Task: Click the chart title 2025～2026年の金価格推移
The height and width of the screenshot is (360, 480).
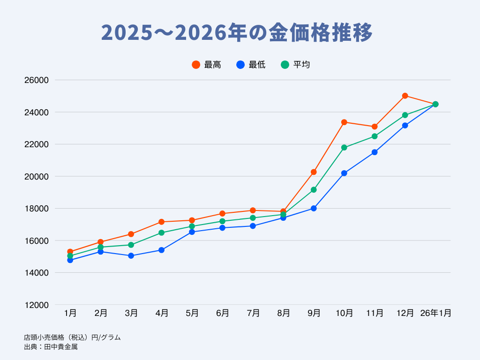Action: click(237, 33)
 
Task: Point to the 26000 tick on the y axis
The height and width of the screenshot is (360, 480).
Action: click(37, 81)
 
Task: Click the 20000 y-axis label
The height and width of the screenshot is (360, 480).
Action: click(37, 177)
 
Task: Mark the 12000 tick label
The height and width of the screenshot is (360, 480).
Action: click(37, 305)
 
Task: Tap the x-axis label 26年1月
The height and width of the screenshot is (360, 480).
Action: click(435, 313)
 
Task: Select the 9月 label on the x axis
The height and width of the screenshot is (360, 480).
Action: click(314, 313)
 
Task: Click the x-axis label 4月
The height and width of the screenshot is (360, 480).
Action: click(161, 313)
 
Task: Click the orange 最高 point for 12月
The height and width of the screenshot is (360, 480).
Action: click(405, 96)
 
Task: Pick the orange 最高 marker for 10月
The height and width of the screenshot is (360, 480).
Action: click(344, 122)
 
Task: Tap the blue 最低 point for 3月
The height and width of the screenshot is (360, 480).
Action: click(131, 255)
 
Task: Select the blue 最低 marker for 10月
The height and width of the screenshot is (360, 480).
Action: click(344, 173)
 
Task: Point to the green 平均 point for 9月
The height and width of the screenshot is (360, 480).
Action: click(314, 190)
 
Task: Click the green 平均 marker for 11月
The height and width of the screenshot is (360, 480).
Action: click(375, 136)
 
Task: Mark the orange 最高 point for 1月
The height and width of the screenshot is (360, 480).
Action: click(70, 252)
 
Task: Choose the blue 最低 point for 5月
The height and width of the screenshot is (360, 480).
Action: click(192, 232)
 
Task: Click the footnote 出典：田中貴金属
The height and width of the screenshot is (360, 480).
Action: click(51, 347)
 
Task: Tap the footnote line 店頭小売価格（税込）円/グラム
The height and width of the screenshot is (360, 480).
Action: click(72, 337)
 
